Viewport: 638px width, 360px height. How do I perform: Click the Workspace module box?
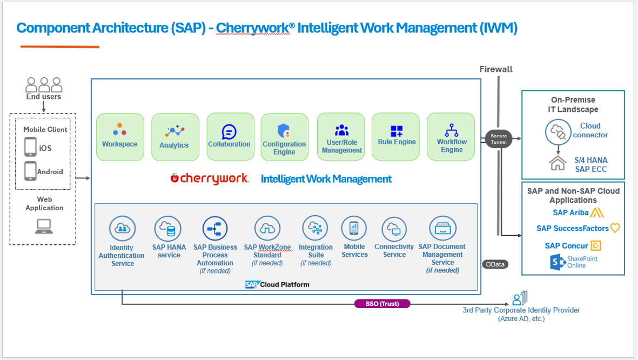click(x=120, y=137)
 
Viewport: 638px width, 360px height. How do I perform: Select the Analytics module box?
click(x=174, y=137)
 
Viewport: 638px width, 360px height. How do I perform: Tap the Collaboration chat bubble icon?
click(x=229, y=131)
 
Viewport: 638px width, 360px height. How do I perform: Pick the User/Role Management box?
click(x=341, y=137)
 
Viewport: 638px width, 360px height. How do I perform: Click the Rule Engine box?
click(x=397, y=137)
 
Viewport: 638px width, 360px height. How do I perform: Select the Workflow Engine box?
click(x=451, y=137)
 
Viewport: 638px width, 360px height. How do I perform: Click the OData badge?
click(x=495, y=264)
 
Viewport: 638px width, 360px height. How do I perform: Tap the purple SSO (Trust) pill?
click(x=382, y=304)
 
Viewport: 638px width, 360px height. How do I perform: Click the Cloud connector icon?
click(x=557, y=131)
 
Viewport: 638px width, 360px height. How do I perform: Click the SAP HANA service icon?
click(x=167, y=229)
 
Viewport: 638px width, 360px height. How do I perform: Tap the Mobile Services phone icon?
click(x=354, y=228)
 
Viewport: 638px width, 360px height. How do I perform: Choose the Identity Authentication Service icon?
click(x=122, y=229)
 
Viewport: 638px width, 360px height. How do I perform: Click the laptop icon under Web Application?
click(x=44, y=226)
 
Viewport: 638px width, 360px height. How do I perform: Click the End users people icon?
click(x=44, y=84)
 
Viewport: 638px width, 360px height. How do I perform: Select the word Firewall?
click(x=496, y=69)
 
